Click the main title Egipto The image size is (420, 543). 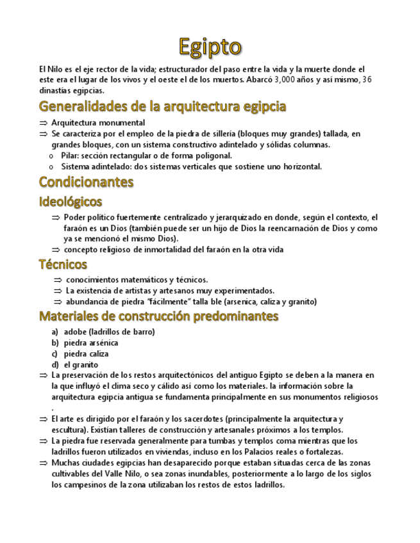210,47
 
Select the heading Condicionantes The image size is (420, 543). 86,182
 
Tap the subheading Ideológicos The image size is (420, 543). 71,202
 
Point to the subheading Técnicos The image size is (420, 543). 63,264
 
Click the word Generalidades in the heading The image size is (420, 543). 80,106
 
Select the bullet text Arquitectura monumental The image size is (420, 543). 98,122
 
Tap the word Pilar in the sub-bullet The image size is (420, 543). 71,156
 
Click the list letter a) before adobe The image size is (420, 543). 55,332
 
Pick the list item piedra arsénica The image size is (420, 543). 91,343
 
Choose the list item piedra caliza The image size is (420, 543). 87,353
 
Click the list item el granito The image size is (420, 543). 81,364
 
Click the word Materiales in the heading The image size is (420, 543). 71,316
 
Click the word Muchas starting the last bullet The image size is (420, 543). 66,462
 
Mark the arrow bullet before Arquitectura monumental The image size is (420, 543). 43,123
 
